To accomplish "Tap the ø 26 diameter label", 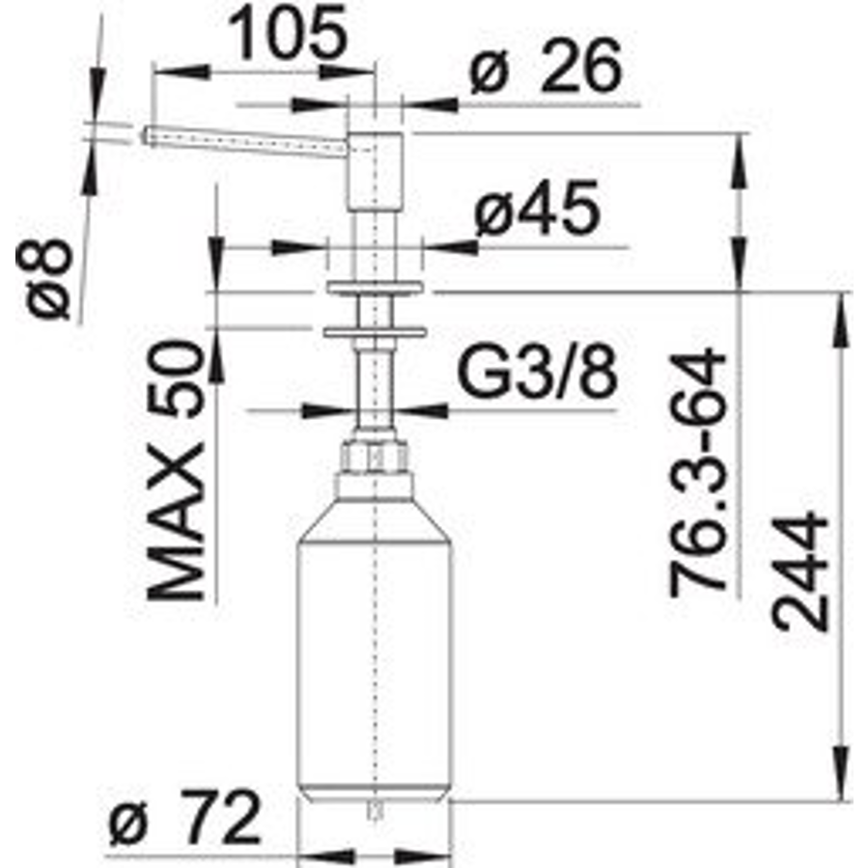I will (546, 70).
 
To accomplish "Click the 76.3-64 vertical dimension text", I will (697, 470).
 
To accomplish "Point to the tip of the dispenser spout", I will (148, 134).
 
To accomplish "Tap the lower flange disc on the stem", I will (373, 330).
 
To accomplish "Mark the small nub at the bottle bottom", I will (373, 808).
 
